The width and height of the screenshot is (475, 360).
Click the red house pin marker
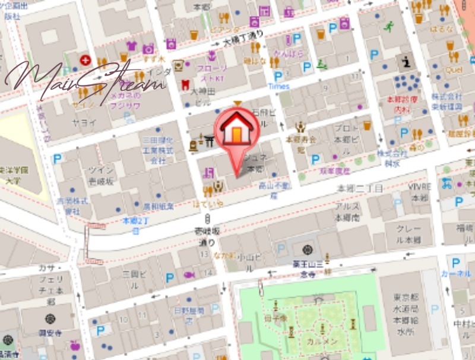click(237, 131)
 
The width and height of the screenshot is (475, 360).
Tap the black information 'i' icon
click(407, 61)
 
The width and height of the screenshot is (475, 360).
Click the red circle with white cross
click(86, 59)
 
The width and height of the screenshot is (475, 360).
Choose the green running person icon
click(389, 26)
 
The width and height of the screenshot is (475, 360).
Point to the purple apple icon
click(75, 345)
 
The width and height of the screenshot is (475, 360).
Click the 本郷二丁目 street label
click(360, 188)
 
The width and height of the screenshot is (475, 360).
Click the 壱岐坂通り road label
click(207, 236)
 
